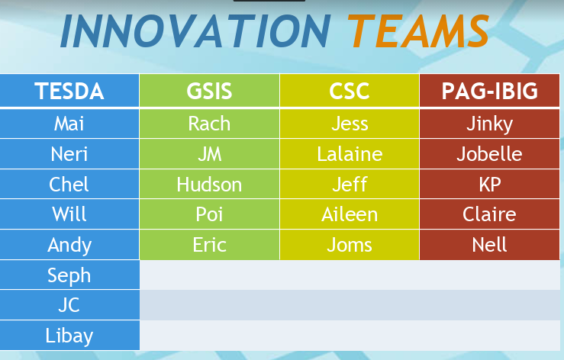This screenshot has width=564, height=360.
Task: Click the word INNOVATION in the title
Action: tap(195, 31)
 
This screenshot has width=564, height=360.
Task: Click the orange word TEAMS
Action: tap(419, 31)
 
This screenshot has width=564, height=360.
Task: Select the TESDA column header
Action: tap(69, 91)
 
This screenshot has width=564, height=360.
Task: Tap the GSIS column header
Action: tap(209, 91)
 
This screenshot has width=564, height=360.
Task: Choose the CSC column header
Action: tap(350, 91)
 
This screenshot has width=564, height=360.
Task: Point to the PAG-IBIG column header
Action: tap(489, 91)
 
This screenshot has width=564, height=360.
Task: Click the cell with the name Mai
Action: tap(69, 124)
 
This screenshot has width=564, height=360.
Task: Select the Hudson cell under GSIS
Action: tap(209, 185)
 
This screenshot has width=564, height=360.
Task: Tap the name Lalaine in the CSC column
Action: tap(350, 154)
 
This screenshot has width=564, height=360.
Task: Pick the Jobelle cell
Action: tap(489, 154)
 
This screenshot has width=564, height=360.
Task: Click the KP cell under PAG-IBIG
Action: tap(489, 185)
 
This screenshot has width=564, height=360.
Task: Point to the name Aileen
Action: tap(350, 215)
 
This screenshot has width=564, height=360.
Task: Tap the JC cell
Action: tap(69, 305)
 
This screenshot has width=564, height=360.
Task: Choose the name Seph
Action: tap(69, 276)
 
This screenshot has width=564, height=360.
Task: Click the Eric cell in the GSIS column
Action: tap(209, 245)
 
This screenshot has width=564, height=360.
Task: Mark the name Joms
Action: tap(350, 245)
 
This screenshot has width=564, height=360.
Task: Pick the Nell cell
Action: tap(489, 245)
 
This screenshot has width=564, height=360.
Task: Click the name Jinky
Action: tap(489, 124)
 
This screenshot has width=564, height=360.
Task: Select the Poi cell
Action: tap(209, 215)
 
